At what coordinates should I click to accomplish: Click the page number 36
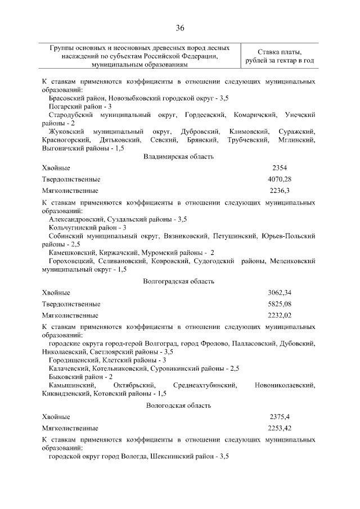pyautogui.click(x=180, y=28)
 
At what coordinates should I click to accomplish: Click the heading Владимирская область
pyautogui.click(x=179, y=156)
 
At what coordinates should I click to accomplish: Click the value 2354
pyautogui.click(x=280, y=168)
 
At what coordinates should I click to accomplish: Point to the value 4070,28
pyautogui.click(x=280, y=179)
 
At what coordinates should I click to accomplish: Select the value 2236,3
pyautogui.click(x=280, y=191)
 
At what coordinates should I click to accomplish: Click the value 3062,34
pyautogui.click(x=280, y=292)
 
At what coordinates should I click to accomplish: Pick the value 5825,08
pyautogui.click(x=280, y=304)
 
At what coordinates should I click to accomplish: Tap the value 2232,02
pyautogui.click(x=280, y=316)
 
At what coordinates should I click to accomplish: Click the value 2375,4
pyautogui.click(x=280, y=417)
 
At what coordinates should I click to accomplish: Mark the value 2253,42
pyautogui.click(x=280, y=429)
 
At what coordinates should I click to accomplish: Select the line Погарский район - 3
pyautogui.click(x=80, y=106)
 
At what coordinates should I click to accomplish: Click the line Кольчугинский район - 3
pyautogui.click(x=87, y=227)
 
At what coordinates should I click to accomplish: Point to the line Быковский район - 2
pyautogui.click(x=80, y=376)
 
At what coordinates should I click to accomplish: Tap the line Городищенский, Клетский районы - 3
pyautogui.click(x=107, y=360)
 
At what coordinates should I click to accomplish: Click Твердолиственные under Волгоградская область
pyautogui.click(x=71, y=304)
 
